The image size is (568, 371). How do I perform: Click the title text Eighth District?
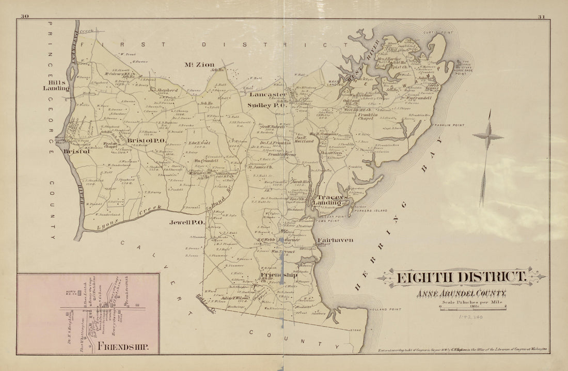coord(461,277)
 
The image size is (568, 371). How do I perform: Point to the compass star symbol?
coord(487,137)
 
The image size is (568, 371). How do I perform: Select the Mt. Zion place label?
coord(199,64)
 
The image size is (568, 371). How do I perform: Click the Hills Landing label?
coord(56,85)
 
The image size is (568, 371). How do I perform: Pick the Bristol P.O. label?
coord(146,140)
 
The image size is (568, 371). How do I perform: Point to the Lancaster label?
coord(268,95)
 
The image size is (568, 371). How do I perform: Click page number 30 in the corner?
coord(24,17)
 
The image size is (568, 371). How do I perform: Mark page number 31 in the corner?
coord(541,17)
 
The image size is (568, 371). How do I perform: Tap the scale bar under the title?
coord(472,308)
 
